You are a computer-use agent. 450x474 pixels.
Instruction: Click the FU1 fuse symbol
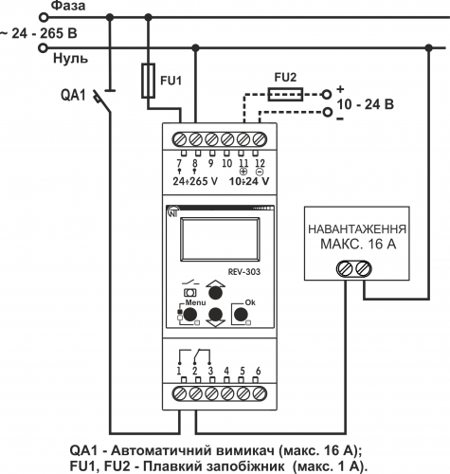point(148,81)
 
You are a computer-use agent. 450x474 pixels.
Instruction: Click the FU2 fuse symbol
point(285,94)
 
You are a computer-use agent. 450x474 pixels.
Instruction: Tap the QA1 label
point(73,95)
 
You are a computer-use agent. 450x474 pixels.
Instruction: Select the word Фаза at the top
point(68,6)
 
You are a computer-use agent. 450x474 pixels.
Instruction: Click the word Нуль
point(70,59)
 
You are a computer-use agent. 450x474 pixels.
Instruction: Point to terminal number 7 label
point(179,163)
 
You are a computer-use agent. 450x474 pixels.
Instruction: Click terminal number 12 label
point(260,163)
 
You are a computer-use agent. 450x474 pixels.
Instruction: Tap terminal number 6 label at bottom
point(258,371)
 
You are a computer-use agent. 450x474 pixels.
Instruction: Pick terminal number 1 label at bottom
point(179,371)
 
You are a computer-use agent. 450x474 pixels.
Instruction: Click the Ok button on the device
point(241,314)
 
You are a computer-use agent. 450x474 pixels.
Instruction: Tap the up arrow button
point(216,291)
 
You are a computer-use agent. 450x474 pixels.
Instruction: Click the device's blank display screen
point(220,239)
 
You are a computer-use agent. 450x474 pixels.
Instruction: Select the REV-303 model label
point(244,272)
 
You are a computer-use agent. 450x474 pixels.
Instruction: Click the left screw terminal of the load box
point(345,269)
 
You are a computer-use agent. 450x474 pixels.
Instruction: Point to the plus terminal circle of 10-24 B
point(327,94)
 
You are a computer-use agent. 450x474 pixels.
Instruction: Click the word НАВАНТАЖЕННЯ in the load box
point(357,229)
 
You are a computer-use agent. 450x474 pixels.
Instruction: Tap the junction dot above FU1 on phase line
point(148,17)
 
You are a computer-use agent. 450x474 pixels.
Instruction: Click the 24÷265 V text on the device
point(195,181)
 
